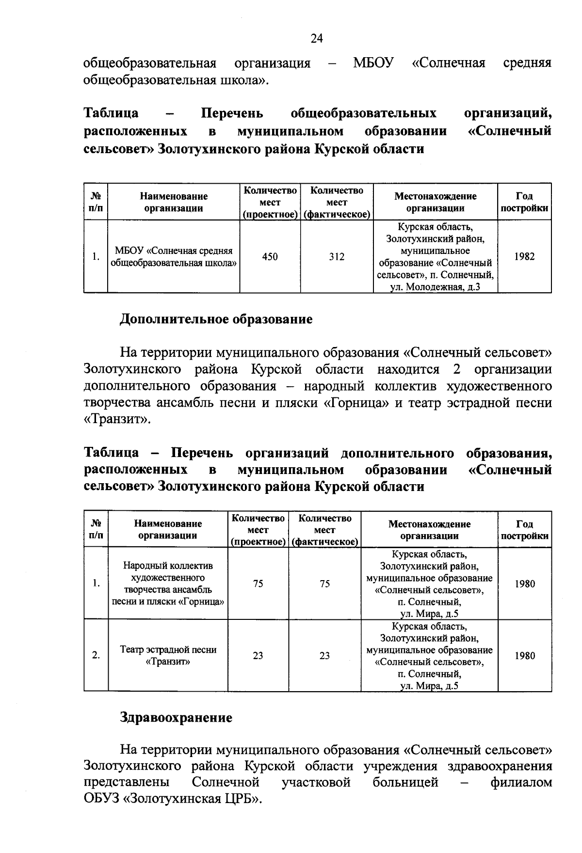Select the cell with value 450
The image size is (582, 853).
[x=270, y=257]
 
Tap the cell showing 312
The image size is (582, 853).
[x=337, y=257]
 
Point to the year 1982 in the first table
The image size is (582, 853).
[x=524, y=257]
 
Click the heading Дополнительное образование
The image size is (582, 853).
[x=216, y=319]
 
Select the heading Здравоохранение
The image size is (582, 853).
[x=176, y=717]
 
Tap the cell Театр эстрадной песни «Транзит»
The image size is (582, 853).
[x=168, y=655]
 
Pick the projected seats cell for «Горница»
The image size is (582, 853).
[x=258, y=584]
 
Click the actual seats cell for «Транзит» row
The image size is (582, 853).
[x=324, y=656]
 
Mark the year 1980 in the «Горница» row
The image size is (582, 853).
[x=524, y=584]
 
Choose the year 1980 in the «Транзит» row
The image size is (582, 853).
[x=524, y=656]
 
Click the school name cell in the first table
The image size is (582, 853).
[x=174, y=257]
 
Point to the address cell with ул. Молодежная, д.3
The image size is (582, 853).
[x=435, y=257]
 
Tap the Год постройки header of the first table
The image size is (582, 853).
[x=524, y=202]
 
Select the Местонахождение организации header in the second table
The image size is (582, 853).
[x=429, y=530]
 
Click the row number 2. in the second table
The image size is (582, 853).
[x=96, y=656]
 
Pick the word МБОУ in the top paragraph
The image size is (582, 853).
[x=373, y=63]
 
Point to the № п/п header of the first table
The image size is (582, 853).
[x=96, y=202]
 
